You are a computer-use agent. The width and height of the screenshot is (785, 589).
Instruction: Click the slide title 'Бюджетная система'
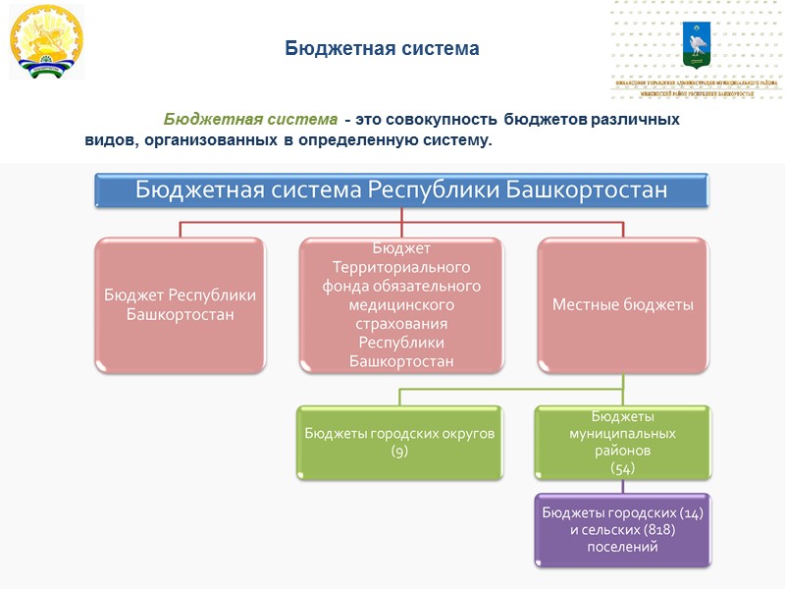click(382, 48)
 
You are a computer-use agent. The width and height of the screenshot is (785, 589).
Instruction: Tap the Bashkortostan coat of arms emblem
click(46, 42)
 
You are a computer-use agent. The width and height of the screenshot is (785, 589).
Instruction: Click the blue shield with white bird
click(697, 42)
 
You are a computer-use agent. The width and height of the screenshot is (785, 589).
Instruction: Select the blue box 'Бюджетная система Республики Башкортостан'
click(400, 190)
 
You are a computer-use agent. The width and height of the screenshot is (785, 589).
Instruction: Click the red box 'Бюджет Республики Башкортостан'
click(180, 304)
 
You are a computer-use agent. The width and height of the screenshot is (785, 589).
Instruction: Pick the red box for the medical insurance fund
click(400, 304)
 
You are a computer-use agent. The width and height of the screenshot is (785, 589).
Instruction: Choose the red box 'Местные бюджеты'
click(623, 304)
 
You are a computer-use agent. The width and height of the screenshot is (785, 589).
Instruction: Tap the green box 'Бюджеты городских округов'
click(399, 442)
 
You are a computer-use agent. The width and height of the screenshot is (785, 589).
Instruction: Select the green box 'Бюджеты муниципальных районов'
click(623, 442)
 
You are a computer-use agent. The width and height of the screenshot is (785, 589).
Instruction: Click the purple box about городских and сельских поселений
click(623, 530)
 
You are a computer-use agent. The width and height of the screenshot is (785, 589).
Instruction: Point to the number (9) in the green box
click(399, 451)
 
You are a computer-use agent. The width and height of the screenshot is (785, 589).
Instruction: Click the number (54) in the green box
click(623, 468)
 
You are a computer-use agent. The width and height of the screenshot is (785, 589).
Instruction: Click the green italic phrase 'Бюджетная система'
click(249, 119)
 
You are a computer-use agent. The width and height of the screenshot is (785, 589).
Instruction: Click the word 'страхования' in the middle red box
click(401, 324)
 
